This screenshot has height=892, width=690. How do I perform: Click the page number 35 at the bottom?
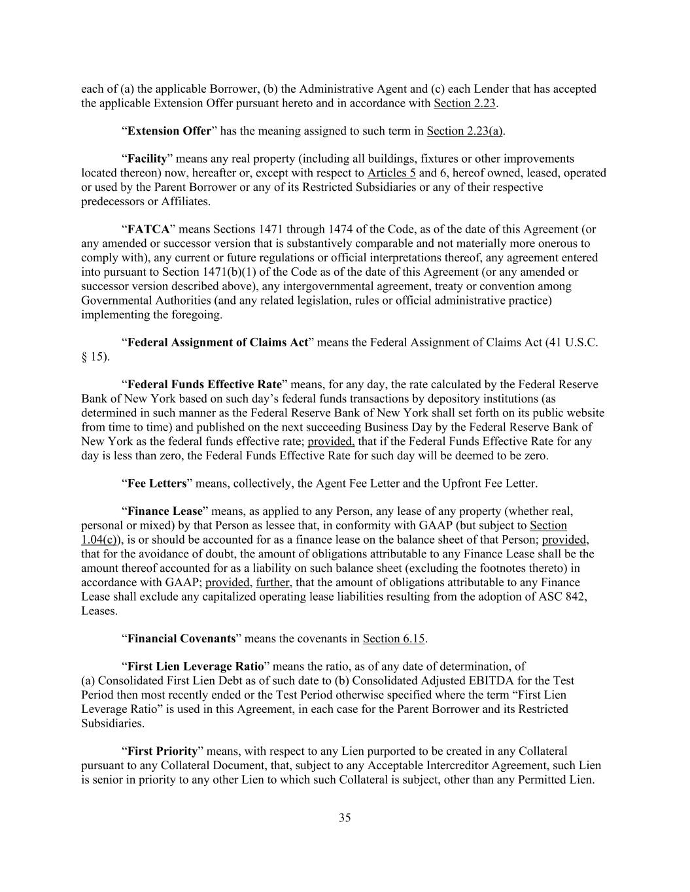click(x=345, y=818)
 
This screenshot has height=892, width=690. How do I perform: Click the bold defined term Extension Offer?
click(x=169, y=131)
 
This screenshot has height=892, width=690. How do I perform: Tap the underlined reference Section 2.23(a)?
click(x=464, y=131)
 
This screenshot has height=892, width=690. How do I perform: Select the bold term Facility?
click(x=147, y=159)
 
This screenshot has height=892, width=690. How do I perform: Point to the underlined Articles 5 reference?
click(x=391, y=173)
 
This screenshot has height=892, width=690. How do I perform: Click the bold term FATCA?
click(x=148, y=229)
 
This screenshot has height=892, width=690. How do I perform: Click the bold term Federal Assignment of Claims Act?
click(x=217, y=342)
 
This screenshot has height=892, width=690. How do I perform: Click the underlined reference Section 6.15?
click(x=394, y=638)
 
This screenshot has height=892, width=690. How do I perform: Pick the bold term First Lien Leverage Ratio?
click(x=196, y=667)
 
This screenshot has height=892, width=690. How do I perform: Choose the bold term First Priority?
click(x=162, y=751)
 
